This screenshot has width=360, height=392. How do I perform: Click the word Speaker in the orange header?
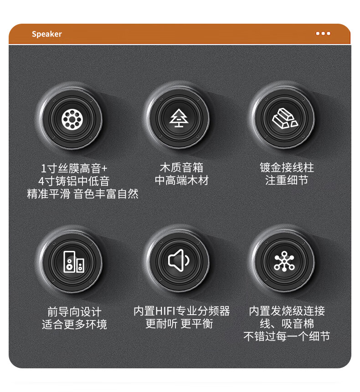tap(46, 34)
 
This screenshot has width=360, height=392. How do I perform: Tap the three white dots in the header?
tap(323, 33)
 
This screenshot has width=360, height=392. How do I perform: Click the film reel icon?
tap(72, 119)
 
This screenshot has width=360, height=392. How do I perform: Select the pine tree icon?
tap(179, 118)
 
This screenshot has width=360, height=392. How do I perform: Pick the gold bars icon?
tap(284, 118)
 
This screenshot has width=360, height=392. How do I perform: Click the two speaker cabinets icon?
tap(73, 262)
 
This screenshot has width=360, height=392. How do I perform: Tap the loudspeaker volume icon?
tap(179, 260)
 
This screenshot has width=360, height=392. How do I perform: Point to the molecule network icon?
tap(284, 261)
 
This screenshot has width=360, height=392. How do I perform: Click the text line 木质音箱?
tap(181, 168)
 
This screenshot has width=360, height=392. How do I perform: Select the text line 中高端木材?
tap(182, 180)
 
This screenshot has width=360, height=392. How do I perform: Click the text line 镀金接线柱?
tap(287, 168)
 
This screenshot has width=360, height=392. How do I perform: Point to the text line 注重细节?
tap(287, 180)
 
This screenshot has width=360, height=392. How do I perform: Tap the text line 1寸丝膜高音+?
tap(74, 168)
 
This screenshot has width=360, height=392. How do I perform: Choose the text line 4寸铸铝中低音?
tap(74, 181)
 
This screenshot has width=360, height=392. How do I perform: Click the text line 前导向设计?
tap(74, 312)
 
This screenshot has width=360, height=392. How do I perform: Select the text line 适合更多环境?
tap(74, 325)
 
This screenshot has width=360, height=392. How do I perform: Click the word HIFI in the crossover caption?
tap(165, 311)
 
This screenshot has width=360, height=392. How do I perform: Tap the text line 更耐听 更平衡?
tap(179, 324)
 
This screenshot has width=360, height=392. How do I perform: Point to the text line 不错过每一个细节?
tap(287, 336)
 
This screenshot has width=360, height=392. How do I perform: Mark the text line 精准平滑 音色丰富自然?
tap(82, 194)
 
